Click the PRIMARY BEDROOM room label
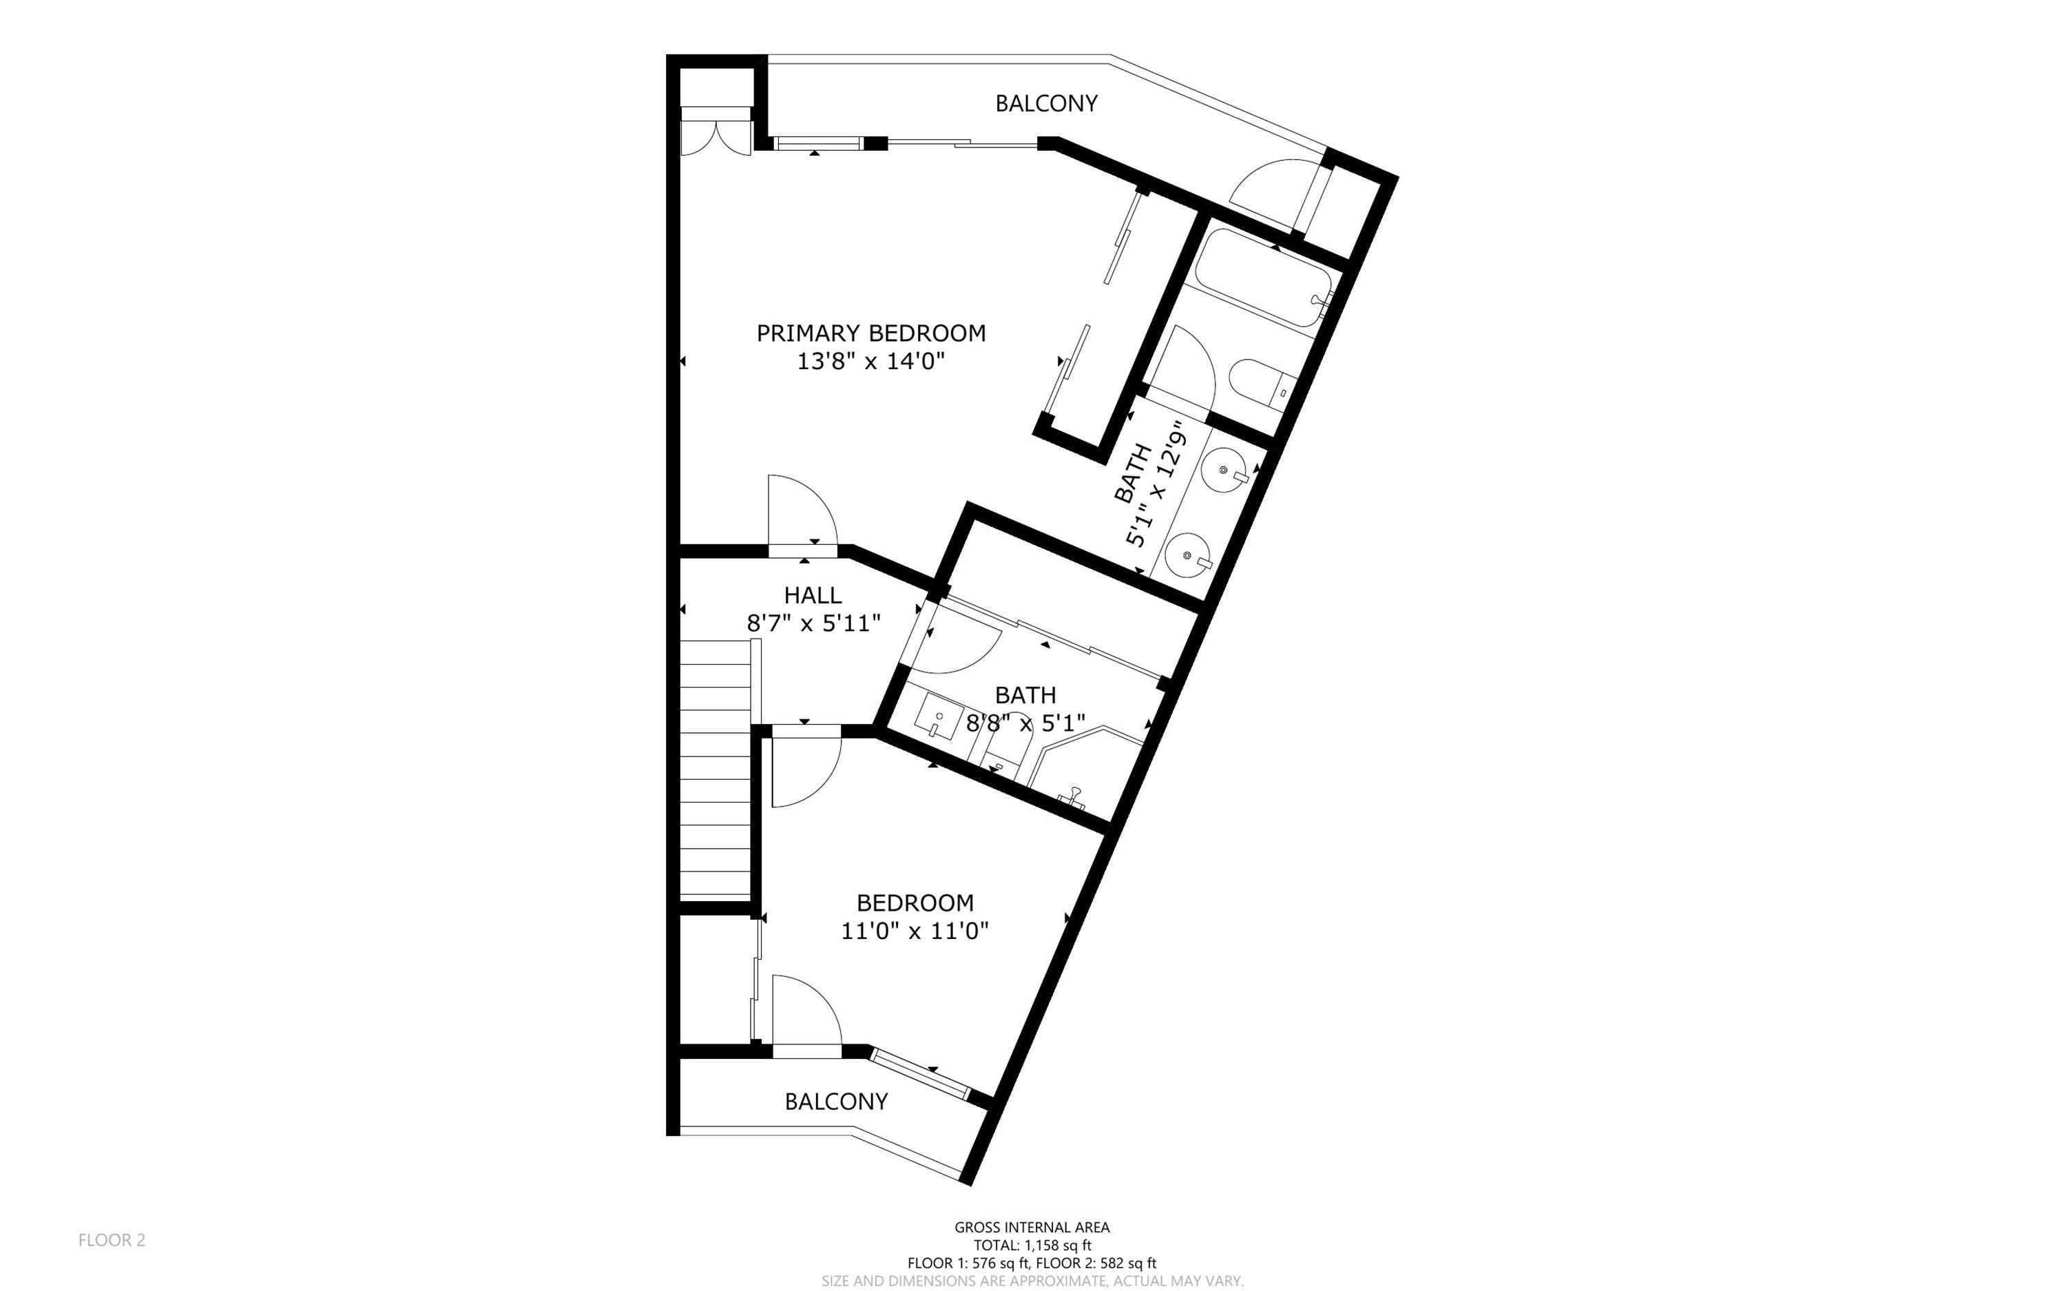[870, 333]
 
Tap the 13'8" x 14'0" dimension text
[870, 361]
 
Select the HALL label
[813, 595]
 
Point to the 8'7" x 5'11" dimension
[813, 623]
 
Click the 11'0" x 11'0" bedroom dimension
[915, 931]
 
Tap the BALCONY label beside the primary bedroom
[1046, 103]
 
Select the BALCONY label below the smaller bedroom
[836, 1102]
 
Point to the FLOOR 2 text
[112, 1240]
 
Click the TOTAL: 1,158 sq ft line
[1032, 1245]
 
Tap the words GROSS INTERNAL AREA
[1032, 1227]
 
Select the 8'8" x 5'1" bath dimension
[1025, 724]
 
